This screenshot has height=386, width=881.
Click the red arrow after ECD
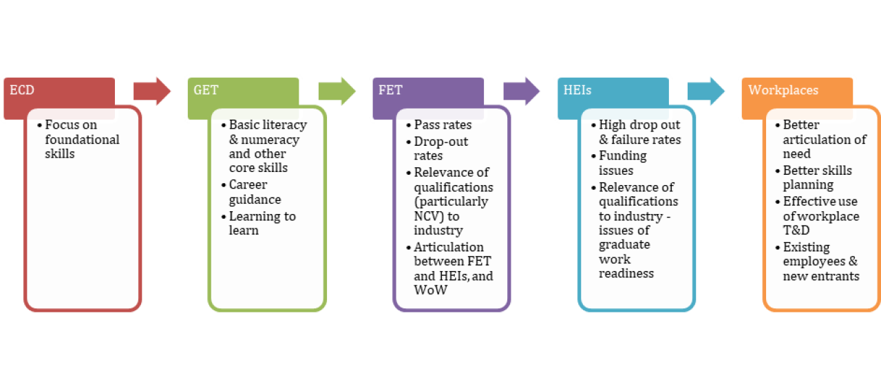(x=152, y=91)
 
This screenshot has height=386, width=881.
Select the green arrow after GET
(x=337, y=91)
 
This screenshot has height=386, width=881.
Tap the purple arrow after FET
(x=521, y=91)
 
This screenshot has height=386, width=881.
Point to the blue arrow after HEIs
(x=705, y=91)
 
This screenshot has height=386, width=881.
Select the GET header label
(x=206, y=90)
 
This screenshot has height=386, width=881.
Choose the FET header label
(x=390, y=90)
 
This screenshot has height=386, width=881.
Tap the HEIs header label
(x=577, y=90)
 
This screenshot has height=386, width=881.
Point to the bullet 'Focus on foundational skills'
(x=82, y=140)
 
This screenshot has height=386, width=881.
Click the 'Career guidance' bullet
(x=255, y=192)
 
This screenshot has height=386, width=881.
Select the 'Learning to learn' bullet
(x=262, y=223)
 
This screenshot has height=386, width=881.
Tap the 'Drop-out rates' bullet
(x=440, y=149)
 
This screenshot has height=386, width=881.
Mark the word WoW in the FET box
(x=430, y=290)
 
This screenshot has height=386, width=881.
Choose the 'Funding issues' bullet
(x=622, y=163)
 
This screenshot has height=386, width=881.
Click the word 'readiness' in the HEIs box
(x=626, y=273)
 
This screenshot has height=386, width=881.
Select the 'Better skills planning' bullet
(x=817, y=178)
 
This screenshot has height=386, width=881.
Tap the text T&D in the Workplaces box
(x=796, y=230)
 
